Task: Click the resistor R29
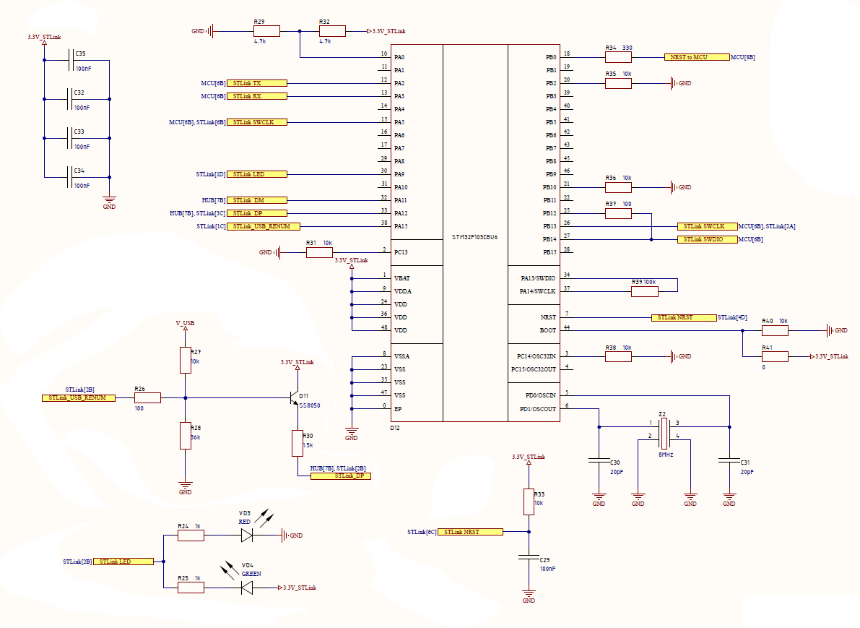click(266, 31)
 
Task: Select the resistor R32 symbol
click(332, 31)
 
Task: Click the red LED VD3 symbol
click(247, 535)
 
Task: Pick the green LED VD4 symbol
click(247, 588)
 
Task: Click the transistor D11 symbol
click(294, 398)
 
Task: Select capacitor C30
click(599, 461)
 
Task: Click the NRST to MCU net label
click(697, 57)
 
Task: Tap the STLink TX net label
click(256, 83)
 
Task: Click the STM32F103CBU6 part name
click(475, 237)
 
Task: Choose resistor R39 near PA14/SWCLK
click(644, 291)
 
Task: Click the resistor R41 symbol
click(775, 357)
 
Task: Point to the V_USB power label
click(185, 323)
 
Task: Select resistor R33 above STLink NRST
click(529, 502)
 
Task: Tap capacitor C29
click(529, 558)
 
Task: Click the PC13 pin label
click(401, 252)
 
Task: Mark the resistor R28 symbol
click(186, 436)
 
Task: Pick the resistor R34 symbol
click(618, 57)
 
